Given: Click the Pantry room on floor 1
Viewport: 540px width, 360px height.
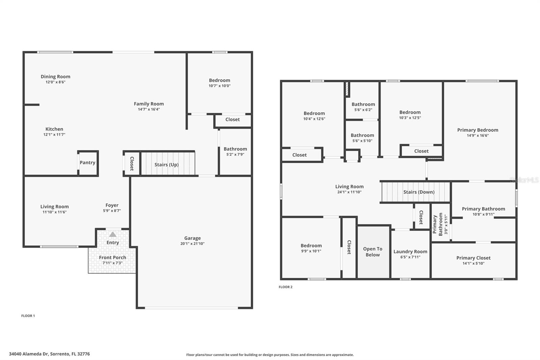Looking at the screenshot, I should [88, 163].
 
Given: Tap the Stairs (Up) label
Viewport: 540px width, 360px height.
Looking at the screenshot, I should [166, 165].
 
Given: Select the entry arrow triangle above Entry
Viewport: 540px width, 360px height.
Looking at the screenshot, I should [113, 234].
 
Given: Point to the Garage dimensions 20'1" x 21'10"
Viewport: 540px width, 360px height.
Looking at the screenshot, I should [192, 244].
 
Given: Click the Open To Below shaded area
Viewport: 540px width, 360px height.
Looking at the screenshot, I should [373, 252].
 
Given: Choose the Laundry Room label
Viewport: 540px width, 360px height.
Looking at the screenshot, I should [410, 252].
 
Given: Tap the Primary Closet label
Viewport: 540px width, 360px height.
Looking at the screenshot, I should [473, 258].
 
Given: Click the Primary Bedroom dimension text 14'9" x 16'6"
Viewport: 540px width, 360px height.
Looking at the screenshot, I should [478, 136].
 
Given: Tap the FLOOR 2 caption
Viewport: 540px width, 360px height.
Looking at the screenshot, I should [286, 287].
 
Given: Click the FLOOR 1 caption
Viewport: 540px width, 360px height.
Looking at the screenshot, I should [28, 316].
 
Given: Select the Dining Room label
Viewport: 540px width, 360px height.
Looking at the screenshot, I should [55, 77].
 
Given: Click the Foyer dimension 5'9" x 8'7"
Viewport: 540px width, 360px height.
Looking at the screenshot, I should [112, 211].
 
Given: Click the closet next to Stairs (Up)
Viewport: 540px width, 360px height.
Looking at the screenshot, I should [132, 164].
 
